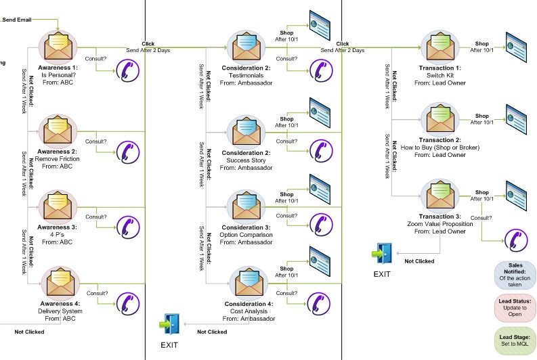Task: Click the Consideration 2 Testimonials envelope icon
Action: pyautogui.click(x=249, y=46)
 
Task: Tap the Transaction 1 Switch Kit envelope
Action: pyautogui.click(x=440, y=46)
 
